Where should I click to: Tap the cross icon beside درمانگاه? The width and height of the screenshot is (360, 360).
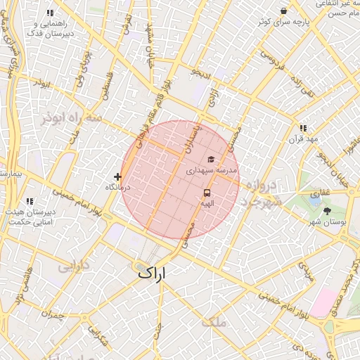coord(117,176)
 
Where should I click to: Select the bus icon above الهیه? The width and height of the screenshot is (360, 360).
coord(207,192)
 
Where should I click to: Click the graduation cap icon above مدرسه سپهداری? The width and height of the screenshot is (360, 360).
coord(211,160)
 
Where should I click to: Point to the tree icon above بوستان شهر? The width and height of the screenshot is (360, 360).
coord(328,210)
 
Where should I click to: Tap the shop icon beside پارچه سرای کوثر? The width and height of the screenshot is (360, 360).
coord(283,11)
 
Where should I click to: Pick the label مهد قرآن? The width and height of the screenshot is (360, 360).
coord(303,139)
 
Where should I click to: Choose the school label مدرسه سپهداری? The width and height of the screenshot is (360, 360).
coord(212,171)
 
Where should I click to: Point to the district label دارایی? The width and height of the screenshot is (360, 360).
coord(73,267)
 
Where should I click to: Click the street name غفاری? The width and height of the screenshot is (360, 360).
coord(321,192)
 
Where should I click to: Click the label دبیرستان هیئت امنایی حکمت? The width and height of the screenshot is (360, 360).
coord(30,217)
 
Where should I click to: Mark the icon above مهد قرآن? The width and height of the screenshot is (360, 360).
coord(303,128)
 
